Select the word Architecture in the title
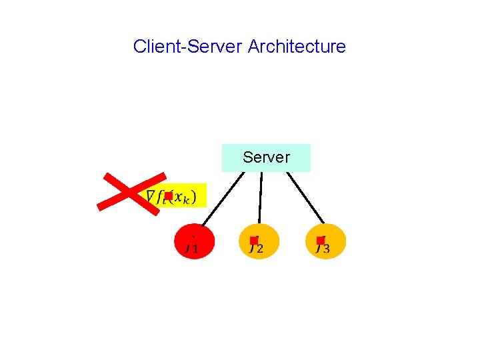click(x=297, y=47)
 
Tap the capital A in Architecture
click(x=253, y=47)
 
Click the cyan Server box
click(x=266, y=157)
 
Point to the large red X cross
click(x=132, y=192)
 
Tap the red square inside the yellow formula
click(x=169, y=195)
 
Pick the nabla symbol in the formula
click(x=151, y=195)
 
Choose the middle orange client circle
click(x=259, y=241)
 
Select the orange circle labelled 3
click(x=326, y=241)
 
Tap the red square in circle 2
click(x=254, y=240)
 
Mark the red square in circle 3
click(x=321, y=240)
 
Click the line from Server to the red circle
click(x=222, y=198)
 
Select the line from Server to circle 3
click(x=306, y=198)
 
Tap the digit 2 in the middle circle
click(x=259, y=249)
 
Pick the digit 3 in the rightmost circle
click(x=326, y=249)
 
